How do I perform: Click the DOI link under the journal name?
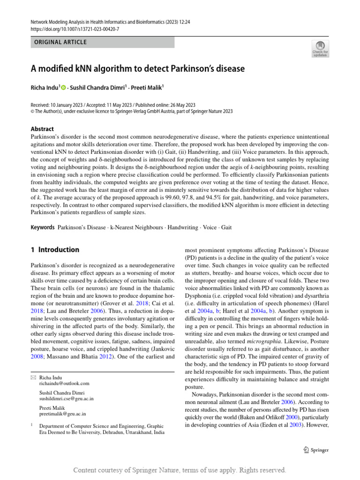(x=75, y=29)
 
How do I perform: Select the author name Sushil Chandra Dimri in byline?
(x=96, y=87)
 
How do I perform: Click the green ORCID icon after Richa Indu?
(x=64, y=87)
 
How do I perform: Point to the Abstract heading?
(x=42, y=129)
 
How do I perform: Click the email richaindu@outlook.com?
(x=64, y=383)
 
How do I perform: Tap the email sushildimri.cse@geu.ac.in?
(x=67, y=398)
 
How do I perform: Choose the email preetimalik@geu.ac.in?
(x=62, y=414)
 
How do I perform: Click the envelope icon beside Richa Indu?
(x=33, y=377)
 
